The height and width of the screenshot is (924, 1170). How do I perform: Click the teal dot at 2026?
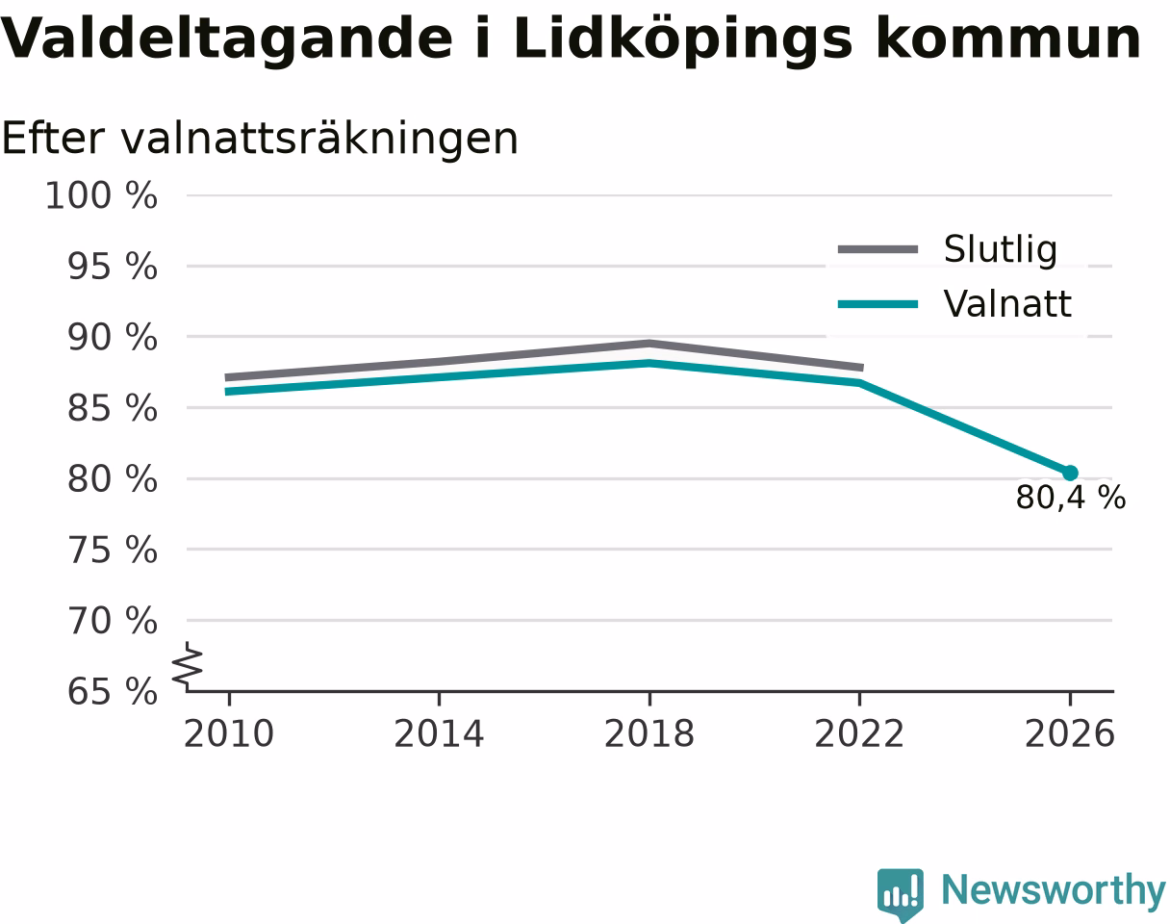[1069, 474]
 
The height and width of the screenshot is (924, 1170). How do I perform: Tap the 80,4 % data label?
[1071, 498]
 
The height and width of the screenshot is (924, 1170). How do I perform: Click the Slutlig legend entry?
[948, 249]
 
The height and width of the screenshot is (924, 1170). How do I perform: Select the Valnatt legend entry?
[955, 303]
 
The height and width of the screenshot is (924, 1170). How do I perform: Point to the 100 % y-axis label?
[101, 195]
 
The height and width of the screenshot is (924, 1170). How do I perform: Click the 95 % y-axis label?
[113, 267]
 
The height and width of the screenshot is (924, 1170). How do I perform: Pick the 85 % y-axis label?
[113, 408]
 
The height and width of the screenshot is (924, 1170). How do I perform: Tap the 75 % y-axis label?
[113, 551]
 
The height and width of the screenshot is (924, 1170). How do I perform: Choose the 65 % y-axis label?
[113, 692]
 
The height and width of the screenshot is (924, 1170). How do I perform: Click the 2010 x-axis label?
[229, 734]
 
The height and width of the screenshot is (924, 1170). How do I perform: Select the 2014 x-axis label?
[439, 734]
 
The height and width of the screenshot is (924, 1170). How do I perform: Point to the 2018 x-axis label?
[649, 734]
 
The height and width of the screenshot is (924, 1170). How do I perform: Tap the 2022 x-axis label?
[859, 734]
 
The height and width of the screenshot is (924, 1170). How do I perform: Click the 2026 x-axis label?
[1069, 734]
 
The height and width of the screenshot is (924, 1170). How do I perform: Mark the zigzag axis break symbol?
[188, 663]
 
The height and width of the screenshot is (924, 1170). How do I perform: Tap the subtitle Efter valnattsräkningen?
[261, 140]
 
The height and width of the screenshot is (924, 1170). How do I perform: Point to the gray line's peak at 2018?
[649, 344]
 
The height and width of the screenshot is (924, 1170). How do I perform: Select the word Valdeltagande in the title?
[227, 39]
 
